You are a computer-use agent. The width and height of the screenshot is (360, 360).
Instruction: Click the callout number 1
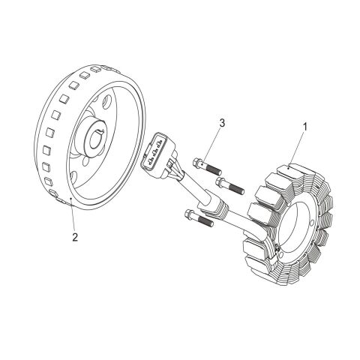(x=304, y=127)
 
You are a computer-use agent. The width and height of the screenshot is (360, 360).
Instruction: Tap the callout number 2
(x=75, y=237)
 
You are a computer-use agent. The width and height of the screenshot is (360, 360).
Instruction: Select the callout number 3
(x=222, y=123)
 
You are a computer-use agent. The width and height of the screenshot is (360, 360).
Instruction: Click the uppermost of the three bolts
(x=207, y=166)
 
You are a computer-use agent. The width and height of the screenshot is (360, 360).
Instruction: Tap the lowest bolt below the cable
(x=199, y=218)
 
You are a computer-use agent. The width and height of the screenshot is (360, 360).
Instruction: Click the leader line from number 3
(x=211, y=145)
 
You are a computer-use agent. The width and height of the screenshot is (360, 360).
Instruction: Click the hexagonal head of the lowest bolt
(x=189, y=214)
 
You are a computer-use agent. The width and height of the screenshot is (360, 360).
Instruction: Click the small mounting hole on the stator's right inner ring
(x=311, y=223)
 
